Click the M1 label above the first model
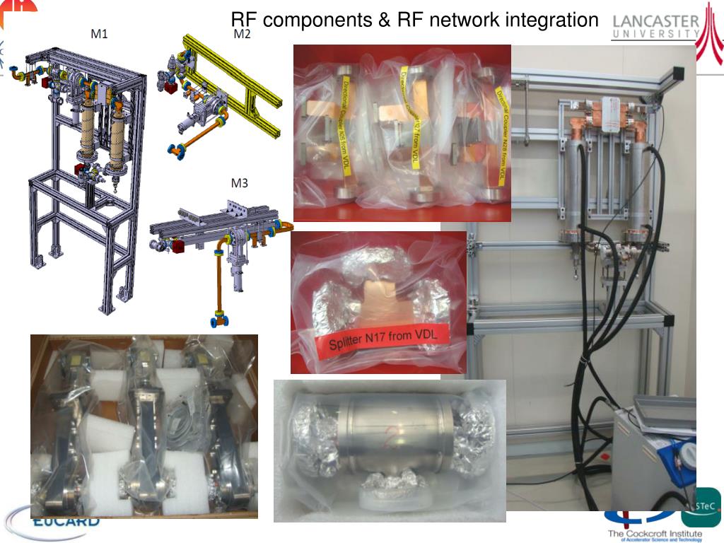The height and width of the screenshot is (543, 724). click(99, 33)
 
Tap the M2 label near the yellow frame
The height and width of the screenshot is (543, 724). click(242, 33)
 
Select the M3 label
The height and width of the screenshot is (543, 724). click(240, 183)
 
